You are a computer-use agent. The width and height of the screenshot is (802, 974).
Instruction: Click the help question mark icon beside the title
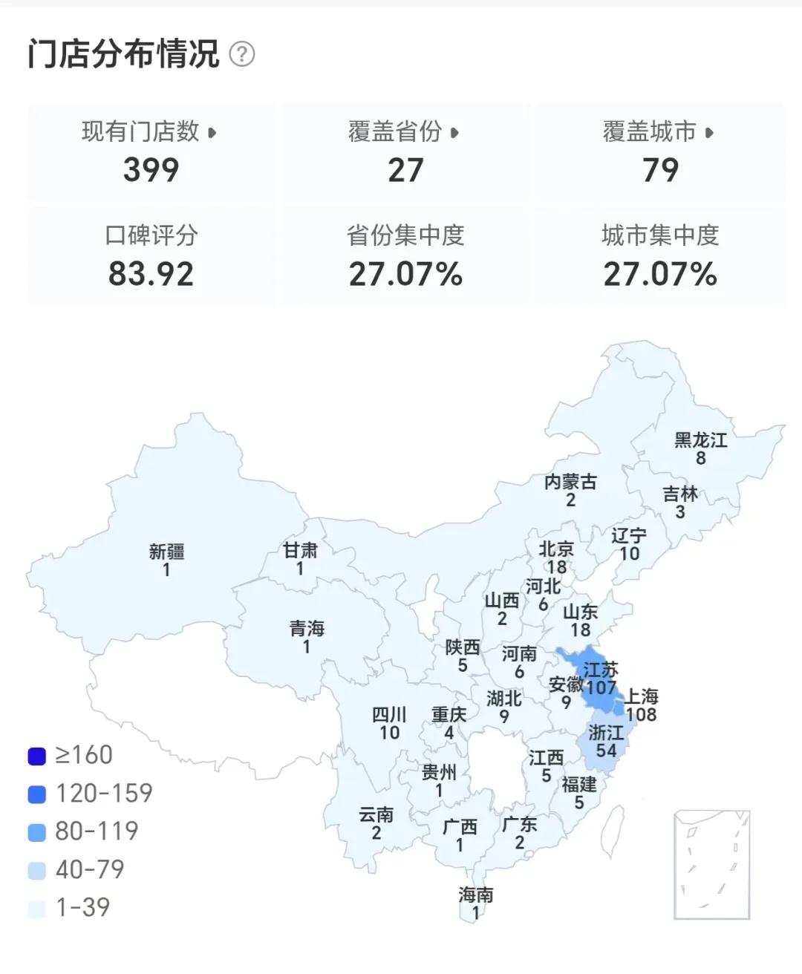pyautogui.click(x=242, y=54)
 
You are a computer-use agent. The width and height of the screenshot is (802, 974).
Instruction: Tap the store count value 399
pyautogui.click(x=151, y=170)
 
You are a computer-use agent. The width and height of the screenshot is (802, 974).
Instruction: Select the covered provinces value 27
pyautogui.click(x=405, y=170)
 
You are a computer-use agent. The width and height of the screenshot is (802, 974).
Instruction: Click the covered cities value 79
pyautogui.click(x=660, y=170)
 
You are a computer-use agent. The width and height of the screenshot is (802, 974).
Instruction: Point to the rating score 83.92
pyautogui.click(x=151, y=274)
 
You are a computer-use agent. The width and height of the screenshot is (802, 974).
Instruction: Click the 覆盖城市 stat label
pyautogui.click(x=650, y=132)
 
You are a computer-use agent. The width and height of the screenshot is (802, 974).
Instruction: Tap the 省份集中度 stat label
pyautogui.click(x=405, y=236)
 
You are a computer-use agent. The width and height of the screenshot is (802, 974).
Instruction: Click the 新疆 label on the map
pyautogui.click(x=166, y=552)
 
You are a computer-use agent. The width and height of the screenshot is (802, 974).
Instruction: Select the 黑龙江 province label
pyautogui.click(x=700, y=440)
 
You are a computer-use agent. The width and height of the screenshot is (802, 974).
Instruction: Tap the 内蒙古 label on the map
pyautogui.click(x=570, y=482)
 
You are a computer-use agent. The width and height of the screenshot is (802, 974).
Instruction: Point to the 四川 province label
pyautogui.click(x=389, y=715)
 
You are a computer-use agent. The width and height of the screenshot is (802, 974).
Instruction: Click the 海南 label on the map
pyautogui.click(x=475, y=895)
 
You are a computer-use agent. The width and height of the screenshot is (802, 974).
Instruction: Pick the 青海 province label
pyautogui.click(x=307, y=629)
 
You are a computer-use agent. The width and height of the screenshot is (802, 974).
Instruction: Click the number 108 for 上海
pyautogui.click(x=641, y=715)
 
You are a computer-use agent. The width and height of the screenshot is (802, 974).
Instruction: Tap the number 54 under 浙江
pyautogui.click(x=606, y=751)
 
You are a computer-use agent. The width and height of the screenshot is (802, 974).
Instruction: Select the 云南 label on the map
pyautogui.click(x=376, y=815)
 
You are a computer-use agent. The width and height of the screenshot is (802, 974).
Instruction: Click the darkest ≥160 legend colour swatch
pyautogui.click(x=37, y=756)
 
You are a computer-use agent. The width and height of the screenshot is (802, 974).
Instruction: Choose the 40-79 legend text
pyautogui.click(x=90, y=869)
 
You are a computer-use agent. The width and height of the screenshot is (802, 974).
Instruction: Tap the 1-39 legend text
pyautogui.click(x=83, y=907)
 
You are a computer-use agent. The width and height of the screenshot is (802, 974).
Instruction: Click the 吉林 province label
pyautogui.click(x=680, y=494)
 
